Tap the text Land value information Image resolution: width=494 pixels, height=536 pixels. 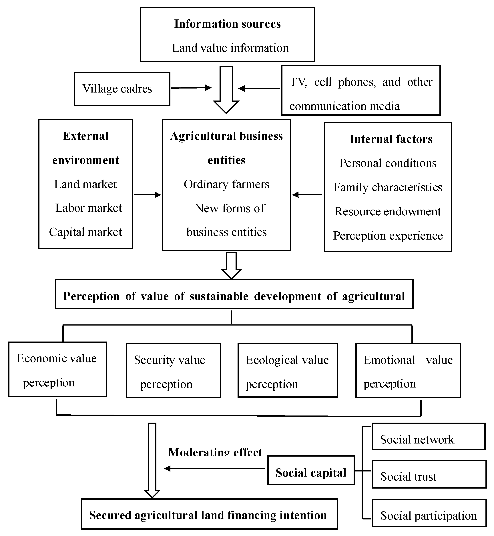230,48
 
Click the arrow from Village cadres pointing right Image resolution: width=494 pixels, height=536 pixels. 191,88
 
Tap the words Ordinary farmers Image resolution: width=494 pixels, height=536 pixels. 226,184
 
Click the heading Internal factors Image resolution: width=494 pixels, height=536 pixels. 391,139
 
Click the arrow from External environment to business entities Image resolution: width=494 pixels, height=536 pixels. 147,195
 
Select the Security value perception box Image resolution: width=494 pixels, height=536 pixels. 173,371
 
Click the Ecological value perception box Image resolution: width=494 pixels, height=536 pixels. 288,370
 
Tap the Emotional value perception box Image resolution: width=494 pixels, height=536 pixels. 408,370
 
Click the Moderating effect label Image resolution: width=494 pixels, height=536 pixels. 215,452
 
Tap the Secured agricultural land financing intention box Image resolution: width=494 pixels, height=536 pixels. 209,515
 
